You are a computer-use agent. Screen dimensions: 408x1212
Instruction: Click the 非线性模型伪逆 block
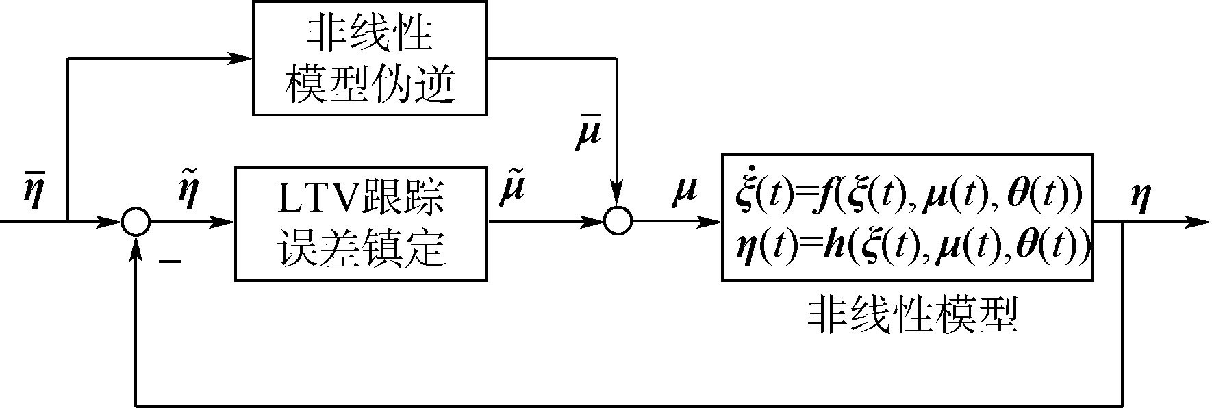coord(370,58)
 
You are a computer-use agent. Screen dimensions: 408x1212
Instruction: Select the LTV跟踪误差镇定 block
coord(361,222)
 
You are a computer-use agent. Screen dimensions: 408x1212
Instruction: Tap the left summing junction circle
coord(136,222)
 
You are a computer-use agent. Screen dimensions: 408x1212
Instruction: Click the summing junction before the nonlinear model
coord(618,222)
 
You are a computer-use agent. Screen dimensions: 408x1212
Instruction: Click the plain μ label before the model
coord(684,190)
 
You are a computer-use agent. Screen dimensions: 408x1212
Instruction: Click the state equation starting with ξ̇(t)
coord(907,194)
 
